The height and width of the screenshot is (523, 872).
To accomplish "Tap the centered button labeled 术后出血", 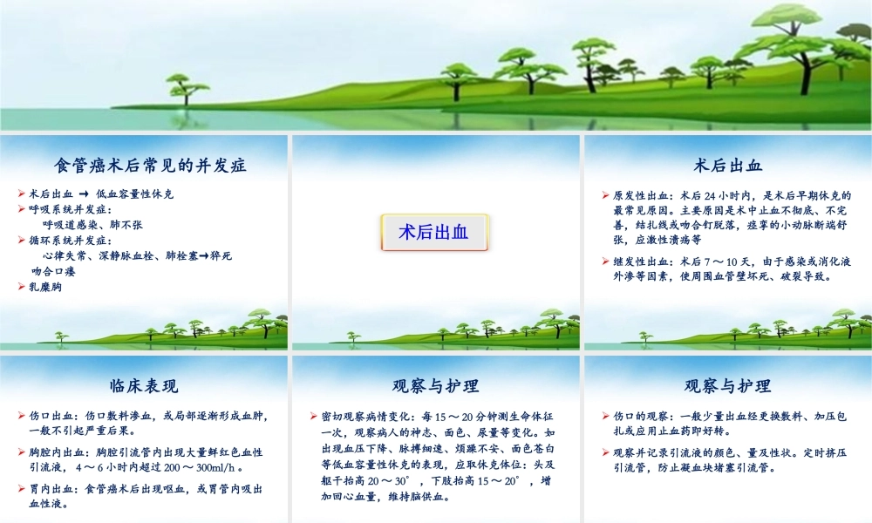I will point(433,233).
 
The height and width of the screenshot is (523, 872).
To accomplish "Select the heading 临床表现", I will point(144,386).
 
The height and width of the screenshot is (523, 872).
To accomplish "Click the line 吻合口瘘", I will point(53,271).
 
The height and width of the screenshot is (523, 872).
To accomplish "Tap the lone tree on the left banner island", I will point(183,88).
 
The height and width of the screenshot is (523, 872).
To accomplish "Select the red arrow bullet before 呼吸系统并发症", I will point(22,209).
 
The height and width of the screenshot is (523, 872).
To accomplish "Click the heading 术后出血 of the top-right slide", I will point(727,164).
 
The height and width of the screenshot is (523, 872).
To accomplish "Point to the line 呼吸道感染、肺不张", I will point(92,225).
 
